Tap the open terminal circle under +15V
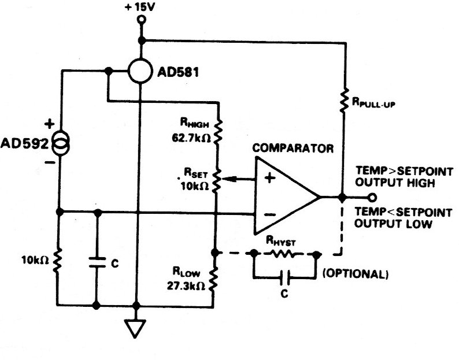(x=140, y=20)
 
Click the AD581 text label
(x=177, y=73)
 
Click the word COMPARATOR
(x=294, y=149)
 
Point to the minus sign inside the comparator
(x=269, y=214)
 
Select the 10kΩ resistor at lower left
(x=58, y=262)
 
